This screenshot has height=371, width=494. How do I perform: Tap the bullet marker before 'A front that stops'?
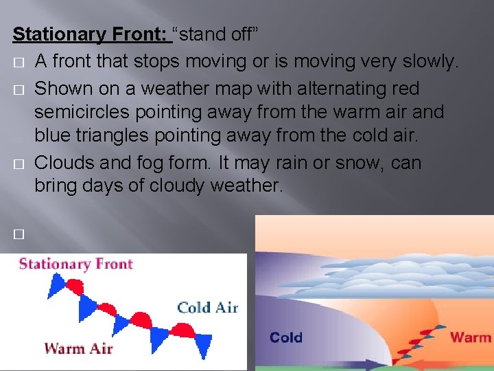[18, 62]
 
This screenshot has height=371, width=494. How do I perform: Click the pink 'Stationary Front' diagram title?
[76, 264]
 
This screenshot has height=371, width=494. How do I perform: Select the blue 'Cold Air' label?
[207, 307]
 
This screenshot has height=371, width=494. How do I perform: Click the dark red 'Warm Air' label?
[78, 348]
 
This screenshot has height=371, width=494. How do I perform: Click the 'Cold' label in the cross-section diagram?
[286, 337]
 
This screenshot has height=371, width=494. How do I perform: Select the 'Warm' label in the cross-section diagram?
[470, 337]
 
